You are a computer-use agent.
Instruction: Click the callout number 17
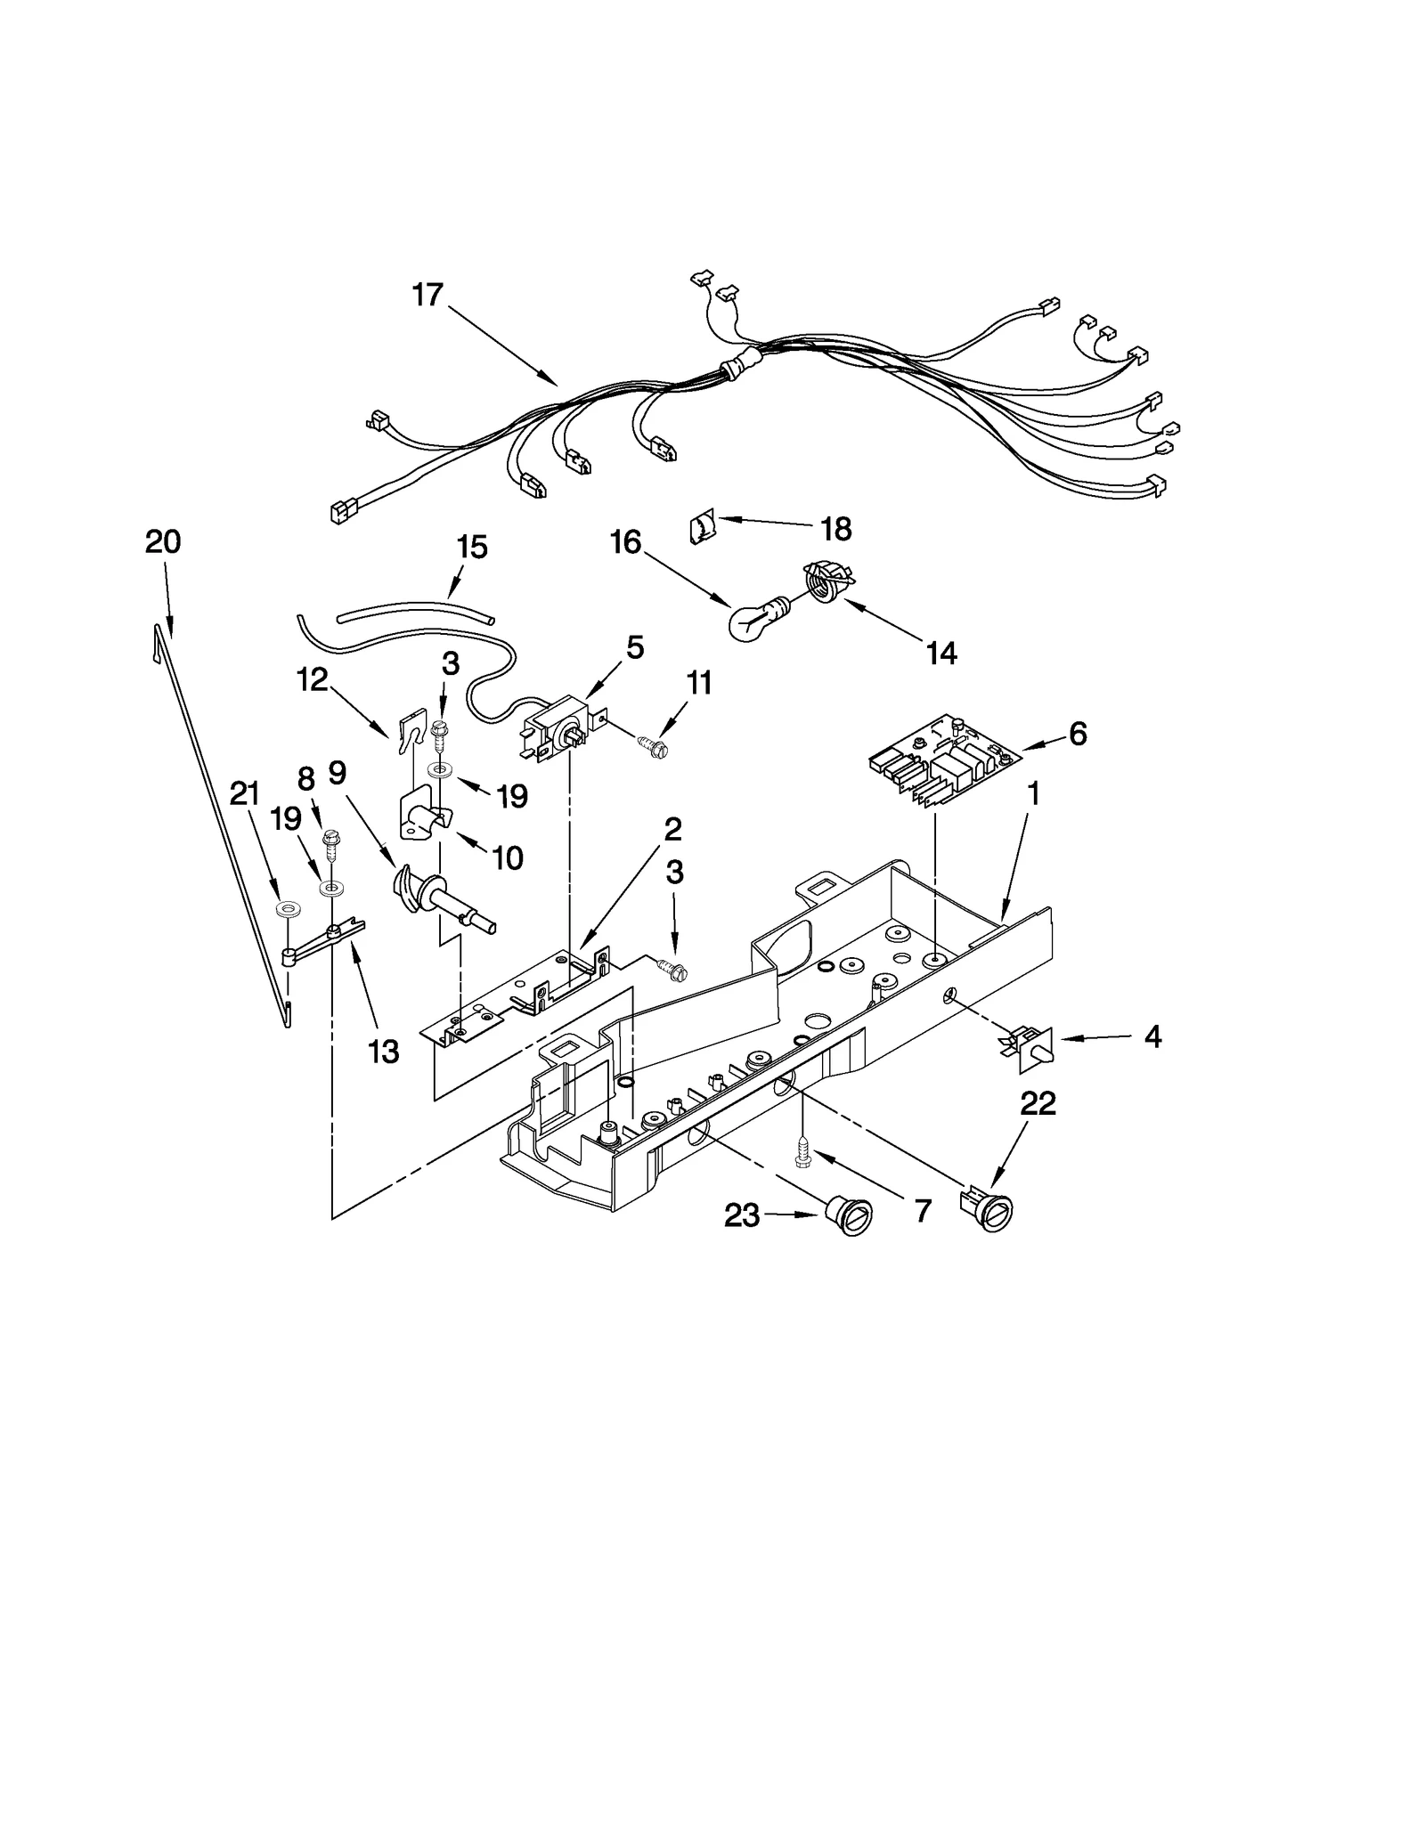[427, 295]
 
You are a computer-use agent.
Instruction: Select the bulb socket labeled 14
[826, 581]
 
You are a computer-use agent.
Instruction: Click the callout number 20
[163, 541]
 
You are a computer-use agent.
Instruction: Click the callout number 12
[313, 680]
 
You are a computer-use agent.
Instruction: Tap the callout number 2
[672, 829]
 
